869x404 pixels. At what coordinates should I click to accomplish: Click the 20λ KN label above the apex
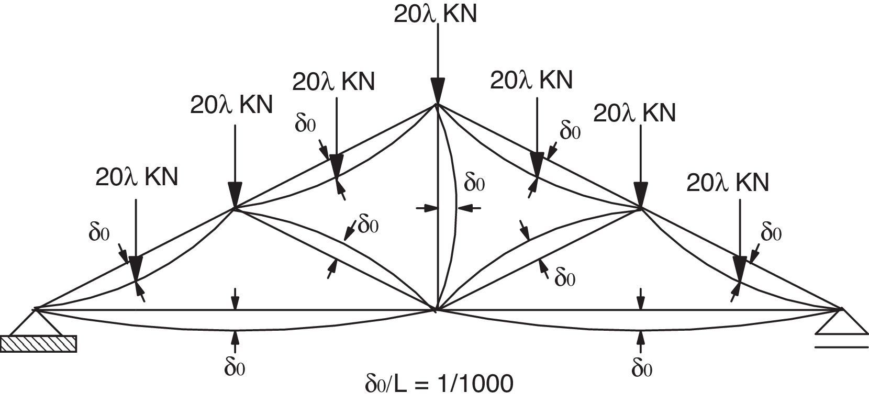pyautogui.click(x=435, y=14)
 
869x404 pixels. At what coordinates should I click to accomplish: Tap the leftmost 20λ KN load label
pyautogui.click(x=137, y=177)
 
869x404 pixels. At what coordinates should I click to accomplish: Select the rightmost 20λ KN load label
pyautogui.click(x=727, y=183)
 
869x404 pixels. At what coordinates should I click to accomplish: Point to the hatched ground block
pyautogui.click(x=39, y=343)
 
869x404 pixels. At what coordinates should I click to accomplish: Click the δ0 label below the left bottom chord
pyautogui.click(x=235, y=368)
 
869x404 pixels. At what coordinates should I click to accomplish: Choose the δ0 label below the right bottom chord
pyautogui.click(x=642, y=368)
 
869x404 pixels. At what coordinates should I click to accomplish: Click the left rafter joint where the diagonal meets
pyautogui.click(x=235, y=209)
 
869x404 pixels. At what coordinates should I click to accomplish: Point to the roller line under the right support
pyautogui.click(x=841, y=346)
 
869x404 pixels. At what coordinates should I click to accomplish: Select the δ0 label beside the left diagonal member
pyautogui.click(x=369, y=225)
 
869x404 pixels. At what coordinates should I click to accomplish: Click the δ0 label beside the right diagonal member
pyautogui.click(x=565, y=278)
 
